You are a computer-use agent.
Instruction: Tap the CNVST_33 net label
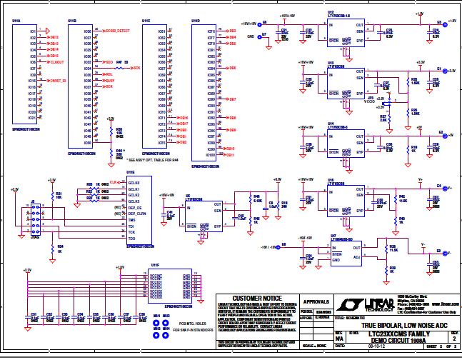[59, 81]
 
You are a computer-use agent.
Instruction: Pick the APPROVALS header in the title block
[315, 301]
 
